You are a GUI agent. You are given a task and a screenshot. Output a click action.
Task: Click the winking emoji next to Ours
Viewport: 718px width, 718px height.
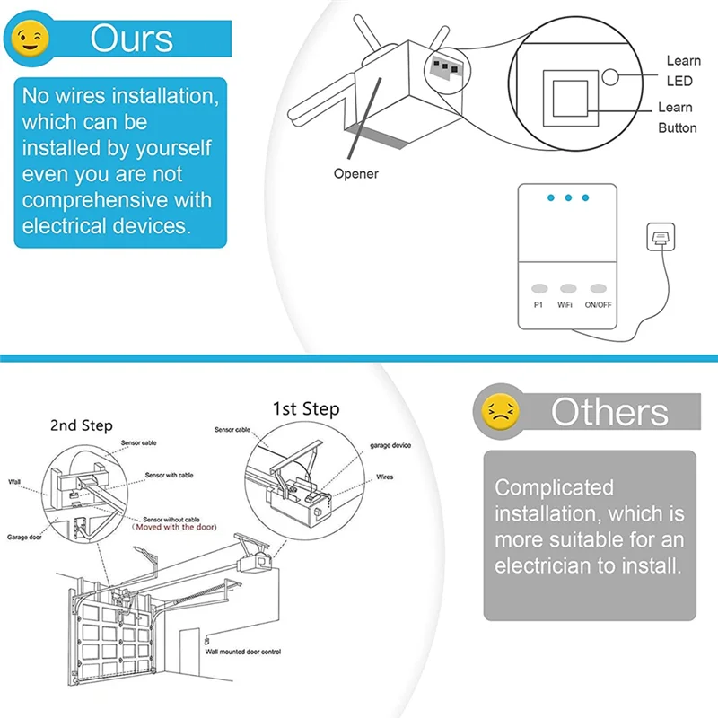34,38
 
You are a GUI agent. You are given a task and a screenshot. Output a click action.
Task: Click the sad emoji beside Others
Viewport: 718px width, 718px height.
500,411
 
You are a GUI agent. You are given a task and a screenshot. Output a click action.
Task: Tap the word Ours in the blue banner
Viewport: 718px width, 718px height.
131,39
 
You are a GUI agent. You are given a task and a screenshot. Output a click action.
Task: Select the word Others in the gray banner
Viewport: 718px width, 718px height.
609,412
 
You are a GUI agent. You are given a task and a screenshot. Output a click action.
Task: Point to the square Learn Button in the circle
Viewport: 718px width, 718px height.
567,97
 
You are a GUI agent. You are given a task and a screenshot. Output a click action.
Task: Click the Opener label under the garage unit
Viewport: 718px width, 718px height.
356,173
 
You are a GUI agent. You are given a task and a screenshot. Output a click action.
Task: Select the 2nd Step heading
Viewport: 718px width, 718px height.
81,425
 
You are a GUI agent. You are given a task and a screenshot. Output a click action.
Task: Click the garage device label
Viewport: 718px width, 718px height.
390,445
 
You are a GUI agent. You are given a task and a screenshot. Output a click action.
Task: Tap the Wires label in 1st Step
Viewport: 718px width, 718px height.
383,477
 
